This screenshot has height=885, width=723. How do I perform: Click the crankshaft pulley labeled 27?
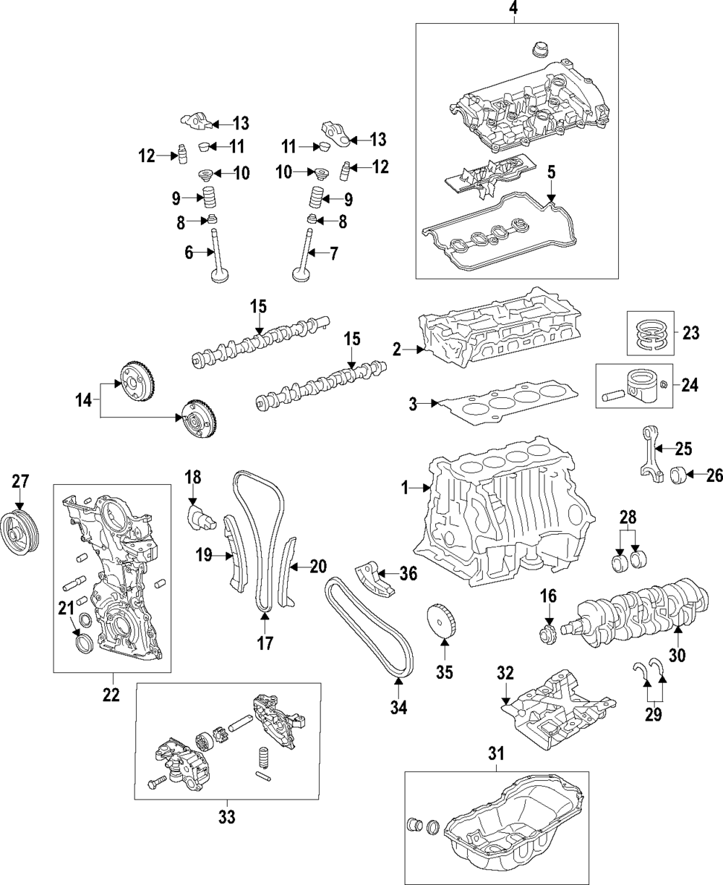[x=20, y=534]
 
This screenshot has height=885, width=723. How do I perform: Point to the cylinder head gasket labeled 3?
[x=506, y=406]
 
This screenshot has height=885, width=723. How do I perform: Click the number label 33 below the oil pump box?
[x=226, y=818]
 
